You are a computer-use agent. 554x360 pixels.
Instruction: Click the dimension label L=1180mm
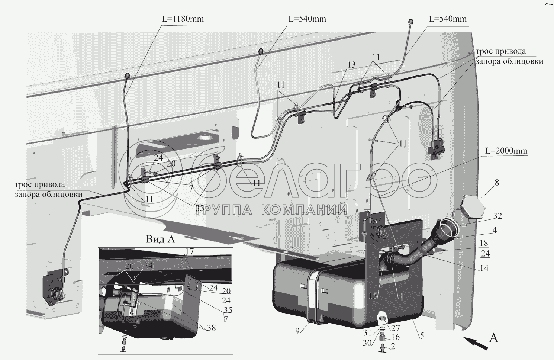pyautogui.click(x=183, y=19)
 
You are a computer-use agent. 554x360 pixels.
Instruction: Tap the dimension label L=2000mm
pyautogui.click(x=506, y=151)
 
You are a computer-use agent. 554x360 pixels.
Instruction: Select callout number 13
pyautogui.click(x=351, y=65)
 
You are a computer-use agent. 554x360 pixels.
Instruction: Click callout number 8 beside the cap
pyautogui.click(x=497, y=183)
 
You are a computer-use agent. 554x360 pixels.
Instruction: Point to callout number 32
pyautogui.click(x=497, y=216)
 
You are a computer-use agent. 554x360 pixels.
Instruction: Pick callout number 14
pyautogui.click(x=484, y=268)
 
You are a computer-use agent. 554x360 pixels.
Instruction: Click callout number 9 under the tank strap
pyautogui.click(x=297, y=331)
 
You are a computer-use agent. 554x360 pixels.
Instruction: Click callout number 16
pyautogui.click(x=396, y=337)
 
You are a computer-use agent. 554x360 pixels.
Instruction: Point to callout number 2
pyautogui.click(x=393, y=346)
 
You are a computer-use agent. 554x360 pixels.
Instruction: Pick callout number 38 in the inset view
pyautogui.click(x=212, y=328)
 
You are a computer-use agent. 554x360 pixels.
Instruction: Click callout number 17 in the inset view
pyautogui.click(x=190, y=252)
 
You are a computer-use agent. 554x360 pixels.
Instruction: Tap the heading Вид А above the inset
pyautogui.click(x=160, y=239)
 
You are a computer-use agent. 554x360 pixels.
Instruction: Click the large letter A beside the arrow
pyautogui.click(x=494, y=338)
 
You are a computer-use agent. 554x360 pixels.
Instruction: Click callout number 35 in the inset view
pyautogui.click(x=227, y=310)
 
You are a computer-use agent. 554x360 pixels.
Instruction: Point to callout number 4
pyautogui.click(x=495, y=230)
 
